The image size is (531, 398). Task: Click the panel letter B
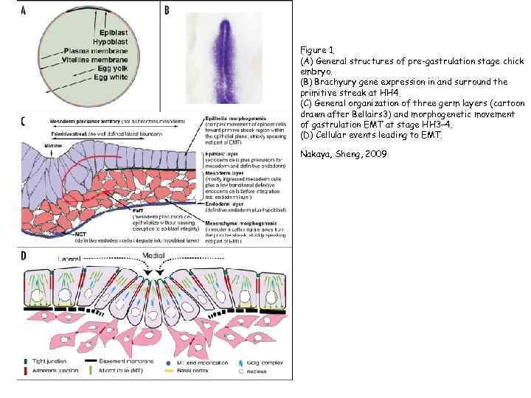pyautogui.click(x=167, y=10)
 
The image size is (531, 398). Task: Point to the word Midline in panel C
pyautogui.click(x=33, y=147)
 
